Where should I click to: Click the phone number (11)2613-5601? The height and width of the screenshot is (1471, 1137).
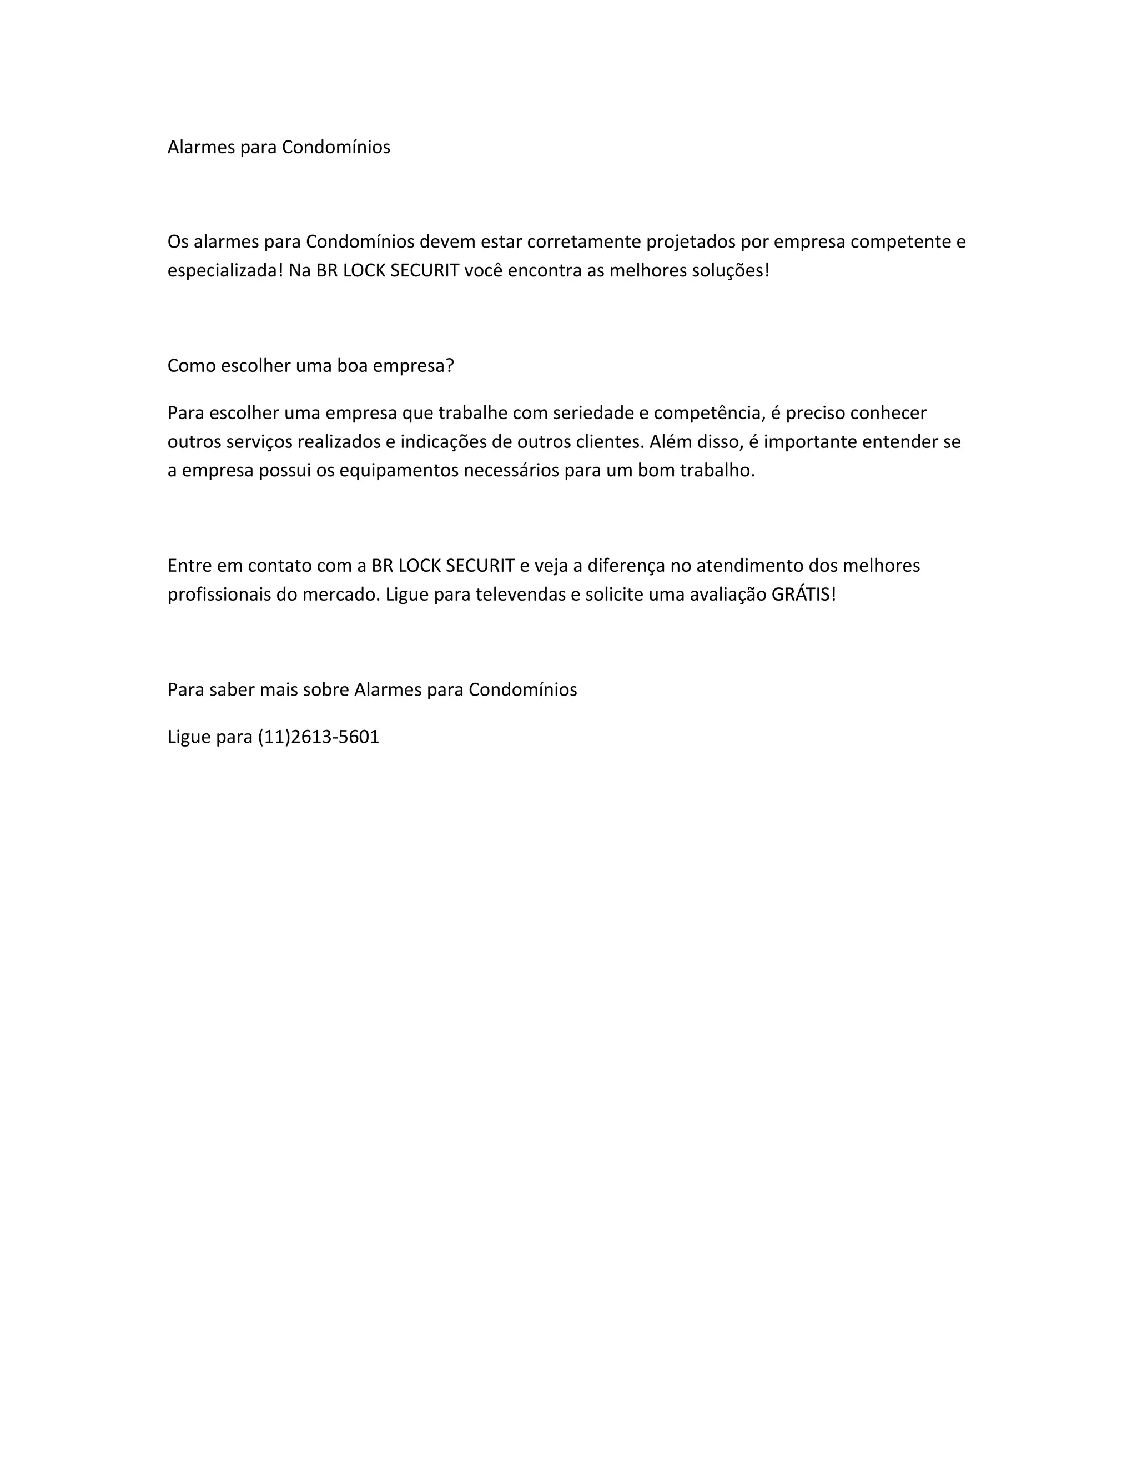319,737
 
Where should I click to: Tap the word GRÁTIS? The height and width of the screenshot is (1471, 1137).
803,595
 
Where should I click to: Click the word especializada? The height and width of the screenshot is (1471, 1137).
225,271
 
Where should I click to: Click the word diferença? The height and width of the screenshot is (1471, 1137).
626,566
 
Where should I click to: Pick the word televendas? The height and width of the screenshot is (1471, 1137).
520,595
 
